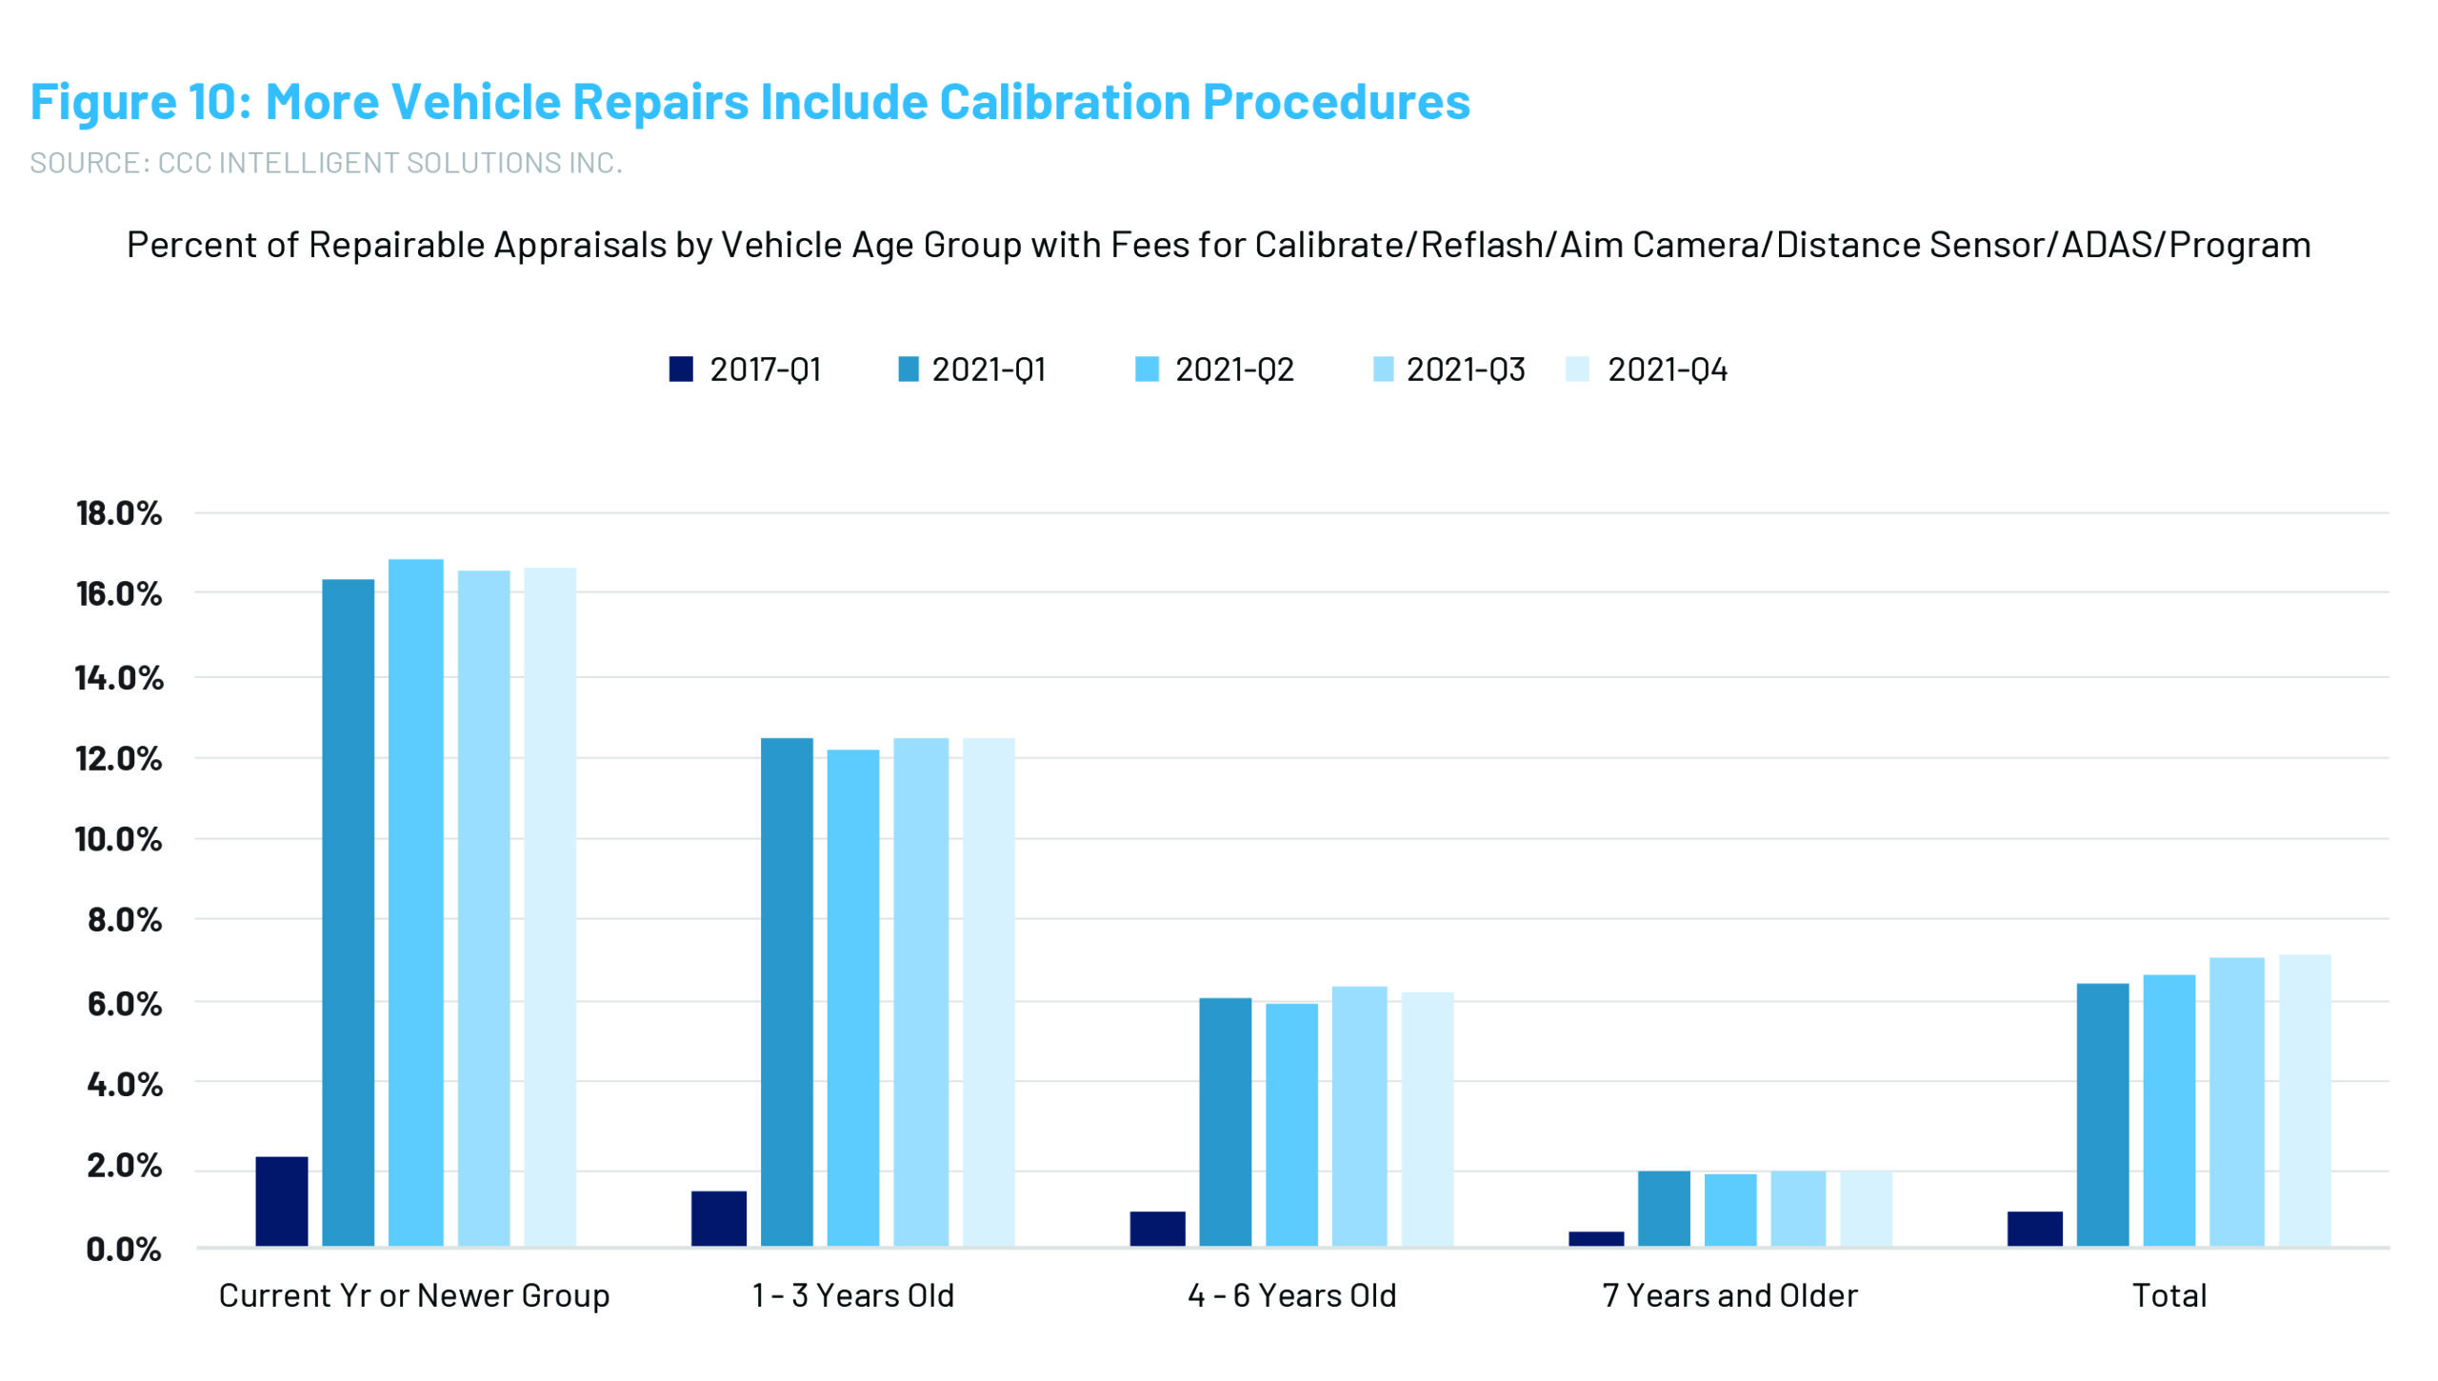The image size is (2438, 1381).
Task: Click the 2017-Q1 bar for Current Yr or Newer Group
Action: point(282,1201)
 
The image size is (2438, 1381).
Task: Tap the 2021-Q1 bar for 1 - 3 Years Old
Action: point(787,991)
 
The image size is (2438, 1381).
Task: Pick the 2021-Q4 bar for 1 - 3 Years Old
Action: point(989,991)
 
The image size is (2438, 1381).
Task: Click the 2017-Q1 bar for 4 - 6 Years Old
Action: point(1157,1229)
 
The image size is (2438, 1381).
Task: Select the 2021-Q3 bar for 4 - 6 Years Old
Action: point(1359,1116)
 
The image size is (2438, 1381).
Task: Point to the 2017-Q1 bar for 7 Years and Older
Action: point(1596,1238)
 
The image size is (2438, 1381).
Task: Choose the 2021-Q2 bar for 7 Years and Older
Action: point(1730,1210)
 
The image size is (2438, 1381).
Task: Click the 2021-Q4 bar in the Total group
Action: point(2305,1100)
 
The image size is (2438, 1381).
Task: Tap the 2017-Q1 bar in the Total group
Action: point(2035,1229)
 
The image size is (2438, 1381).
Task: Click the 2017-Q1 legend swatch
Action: point(681,369)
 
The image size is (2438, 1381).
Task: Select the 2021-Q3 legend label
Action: point(1465,370)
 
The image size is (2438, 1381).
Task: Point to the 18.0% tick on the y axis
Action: point(119,513)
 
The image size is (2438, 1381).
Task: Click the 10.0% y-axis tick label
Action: point(119,839)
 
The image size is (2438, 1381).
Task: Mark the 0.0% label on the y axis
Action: point(124,1249)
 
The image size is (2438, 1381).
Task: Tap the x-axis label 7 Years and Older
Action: point(1729,1295)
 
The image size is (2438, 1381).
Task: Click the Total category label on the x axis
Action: point(2168,1295)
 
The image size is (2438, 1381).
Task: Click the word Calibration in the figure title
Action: point(1064,102)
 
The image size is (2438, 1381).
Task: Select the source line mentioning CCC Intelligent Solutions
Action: point(326,163)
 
